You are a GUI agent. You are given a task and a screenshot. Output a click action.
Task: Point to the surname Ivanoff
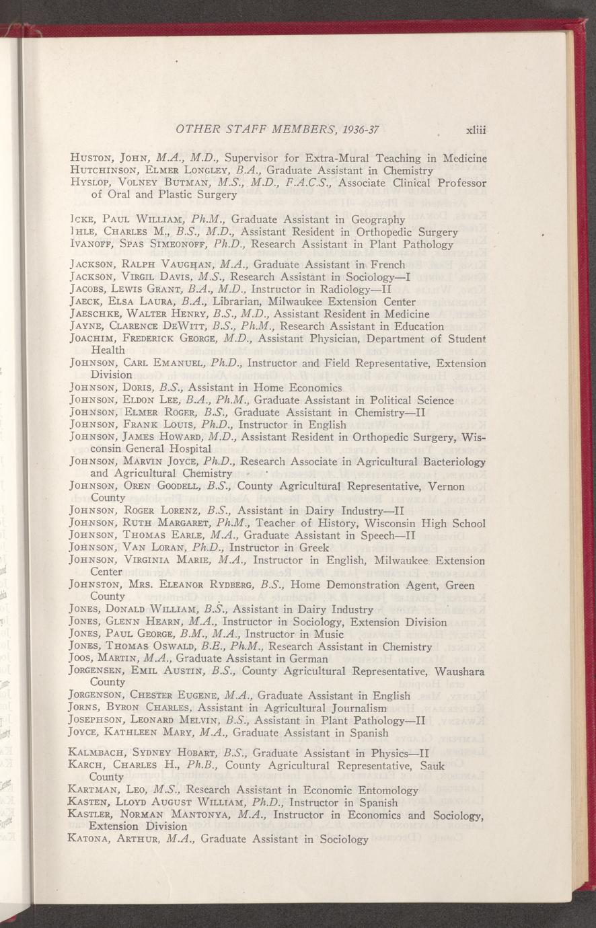[92, 244]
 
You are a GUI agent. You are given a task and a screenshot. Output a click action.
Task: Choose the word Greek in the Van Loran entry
[313, 548]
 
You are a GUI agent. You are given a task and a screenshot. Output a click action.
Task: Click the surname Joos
[82, 659]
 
